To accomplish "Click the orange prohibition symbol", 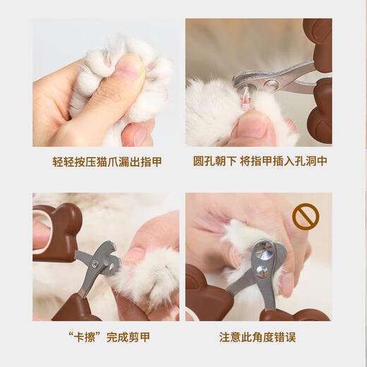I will click(306, 217).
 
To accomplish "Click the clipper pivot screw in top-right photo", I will click(270, 86).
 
